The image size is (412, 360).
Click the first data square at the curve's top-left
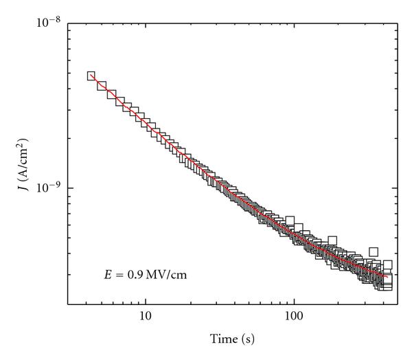[x=91, y=76]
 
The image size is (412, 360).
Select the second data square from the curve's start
[x=102, y=86]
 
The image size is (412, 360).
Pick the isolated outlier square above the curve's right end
[x=374, y=252]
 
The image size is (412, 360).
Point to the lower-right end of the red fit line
[x=388, y=278]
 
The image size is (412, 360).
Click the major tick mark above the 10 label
[x=145, y=300]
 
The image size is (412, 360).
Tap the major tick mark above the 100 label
[x=295, y=300]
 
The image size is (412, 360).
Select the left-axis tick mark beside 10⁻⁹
[x=71, y=188]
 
